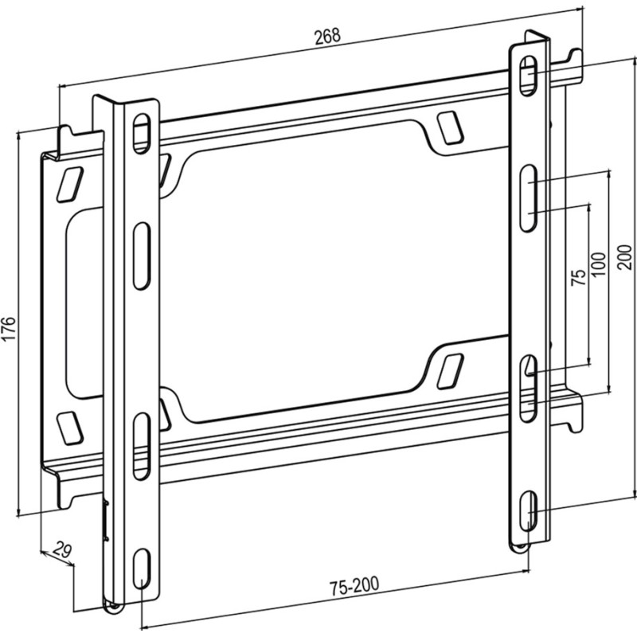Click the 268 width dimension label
tap(328, 36)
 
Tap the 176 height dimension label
tap(9, 328)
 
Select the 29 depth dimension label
tap(62, 549)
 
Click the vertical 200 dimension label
tap(625, 256)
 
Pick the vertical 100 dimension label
tap(600, 264)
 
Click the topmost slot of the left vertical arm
tap(142, 134)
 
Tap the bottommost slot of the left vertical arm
tap(142, 568)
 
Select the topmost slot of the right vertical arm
tap(528, 76)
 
